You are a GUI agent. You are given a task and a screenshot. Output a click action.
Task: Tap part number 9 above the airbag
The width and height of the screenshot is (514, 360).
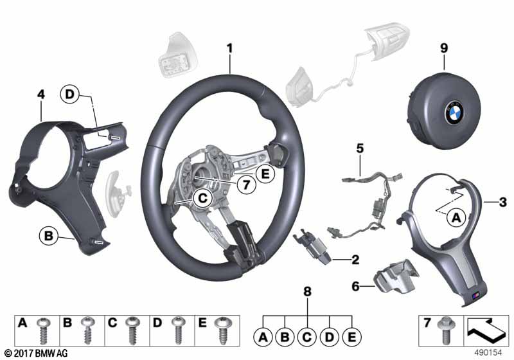444,48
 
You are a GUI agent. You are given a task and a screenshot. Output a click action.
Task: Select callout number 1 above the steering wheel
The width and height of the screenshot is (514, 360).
230,48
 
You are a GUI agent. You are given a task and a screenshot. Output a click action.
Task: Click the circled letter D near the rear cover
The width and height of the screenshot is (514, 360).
70,94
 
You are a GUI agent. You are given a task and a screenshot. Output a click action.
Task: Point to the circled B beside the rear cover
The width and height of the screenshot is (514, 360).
49,236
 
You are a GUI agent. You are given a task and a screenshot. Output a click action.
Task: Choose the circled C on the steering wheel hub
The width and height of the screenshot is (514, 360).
203,199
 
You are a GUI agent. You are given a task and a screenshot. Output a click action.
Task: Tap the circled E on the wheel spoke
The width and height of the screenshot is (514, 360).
265,174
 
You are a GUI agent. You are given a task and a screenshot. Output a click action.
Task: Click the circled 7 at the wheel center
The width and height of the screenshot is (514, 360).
246,185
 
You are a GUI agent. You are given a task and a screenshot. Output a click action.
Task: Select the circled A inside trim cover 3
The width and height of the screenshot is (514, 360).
456,217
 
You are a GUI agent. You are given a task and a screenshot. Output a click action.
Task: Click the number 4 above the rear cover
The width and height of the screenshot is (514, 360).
40,94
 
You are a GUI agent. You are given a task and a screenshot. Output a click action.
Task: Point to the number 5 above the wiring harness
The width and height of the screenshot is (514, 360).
360,148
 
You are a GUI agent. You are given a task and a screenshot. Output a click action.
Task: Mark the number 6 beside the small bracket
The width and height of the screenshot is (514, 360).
356,286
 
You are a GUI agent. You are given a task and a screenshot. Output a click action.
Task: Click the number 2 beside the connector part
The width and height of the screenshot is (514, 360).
355,260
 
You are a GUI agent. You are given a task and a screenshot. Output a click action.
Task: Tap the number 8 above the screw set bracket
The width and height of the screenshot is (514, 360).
307,291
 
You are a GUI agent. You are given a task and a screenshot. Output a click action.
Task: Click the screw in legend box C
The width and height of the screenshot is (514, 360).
132,330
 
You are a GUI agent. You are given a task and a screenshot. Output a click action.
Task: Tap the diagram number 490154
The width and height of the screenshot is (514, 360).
488,353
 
